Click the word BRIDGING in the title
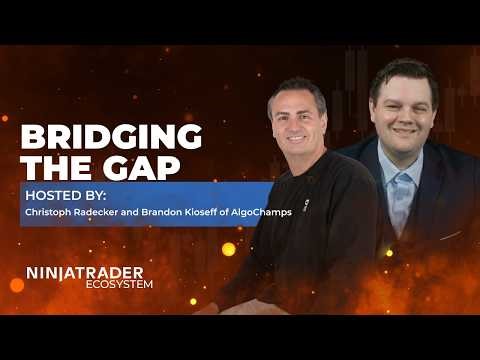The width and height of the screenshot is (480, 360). pos(111,136)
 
